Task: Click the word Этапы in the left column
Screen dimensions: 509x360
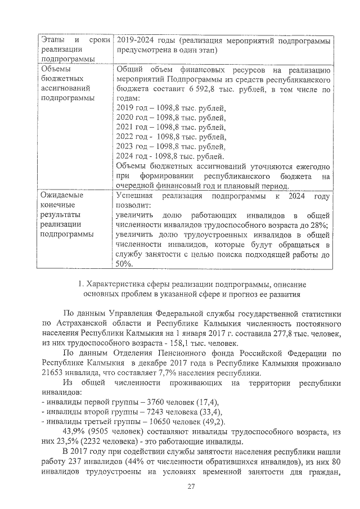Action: coord(53,41)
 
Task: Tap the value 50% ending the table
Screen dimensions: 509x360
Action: coord(124,263)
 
